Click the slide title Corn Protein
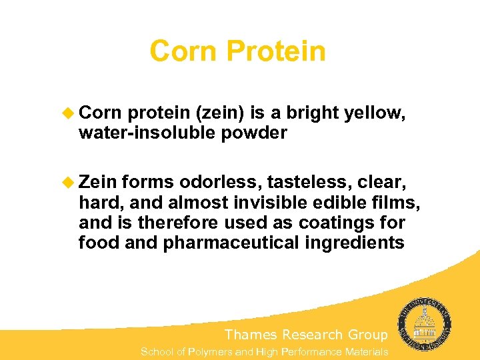tap(237, 51)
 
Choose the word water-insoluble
tap(143, 133)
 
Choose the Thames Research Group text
tap(306, 335)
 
